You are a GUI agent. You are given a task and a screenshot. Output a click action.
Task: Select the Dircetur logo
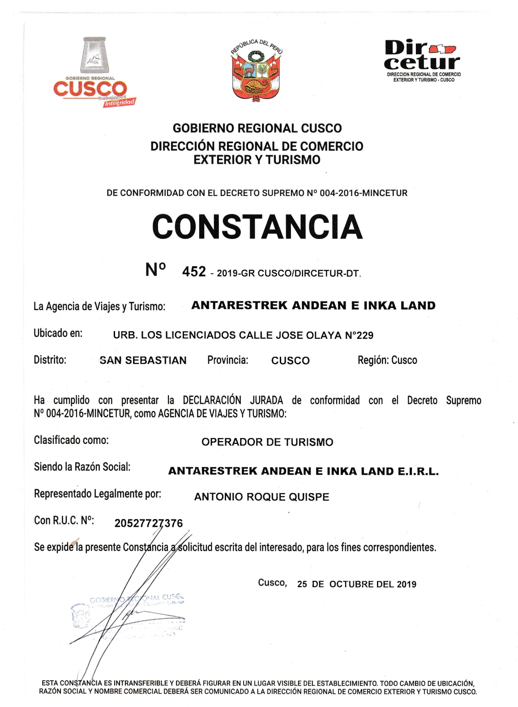(x=422, y=60)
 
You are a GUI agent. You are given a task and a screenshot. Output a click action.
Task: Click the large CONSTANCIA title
(x=257, y=226)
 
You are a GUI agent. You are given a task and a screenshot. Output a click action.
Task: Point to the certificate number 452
(x=194, y=272)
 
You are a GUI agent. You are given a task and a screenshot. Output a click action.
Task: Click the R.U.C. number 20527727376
(x=149, y=523)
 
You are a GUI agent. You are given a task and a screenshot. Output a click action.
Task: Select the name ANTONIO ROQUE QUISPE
(x=261, y=497)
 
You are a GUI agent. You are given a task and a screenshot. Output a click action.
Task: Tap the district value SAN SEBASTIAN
(x=143, y=361)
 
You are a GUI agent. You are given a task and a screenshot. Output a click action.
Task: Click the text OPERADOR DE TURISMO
(x=267, y=442)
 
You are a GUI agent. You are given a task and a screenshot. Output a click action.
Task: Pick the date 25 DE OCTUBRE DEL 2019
(x=356, y=584)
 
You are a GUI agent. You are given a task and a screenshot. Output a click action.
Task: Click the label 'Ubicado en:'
(x=58, y=333)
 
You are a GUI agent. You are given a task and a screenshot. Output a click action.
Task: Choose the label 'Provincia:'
(x=227, y=360)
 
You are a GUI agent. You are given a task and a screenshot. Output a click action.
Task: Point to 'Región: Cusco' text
(x=387, y=360)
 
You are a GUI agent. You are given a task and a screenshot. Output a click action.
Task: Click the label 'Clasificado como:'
(x=71, y=440)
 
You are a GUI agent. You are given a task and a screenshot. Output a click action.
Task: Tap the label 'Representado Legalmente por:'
(x=98, y=494)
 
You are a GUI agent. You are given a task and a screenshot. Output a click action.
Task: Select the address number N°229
(x=359, y=335)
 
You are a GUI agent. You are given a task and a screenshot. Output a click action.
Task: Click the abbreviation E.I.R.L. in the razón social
(x=418, y=471)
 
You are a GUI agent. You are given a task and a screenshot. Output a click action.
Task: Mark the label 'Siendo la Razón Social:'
(x=82, y=467)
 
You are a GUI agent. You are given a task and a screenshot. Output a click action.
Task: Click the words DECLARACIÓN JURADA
(x=233, y=400)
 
